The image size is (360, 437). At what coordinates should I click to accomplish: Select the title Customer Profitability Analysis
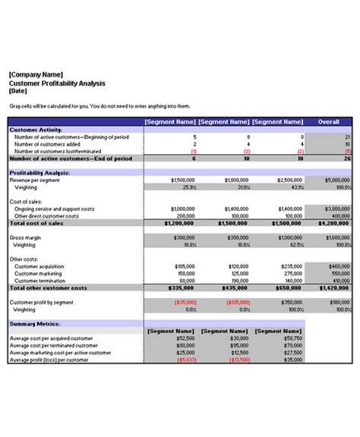pyautogui.click(x=57, y=83)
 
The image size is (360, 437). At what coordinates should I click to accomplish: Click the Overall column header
pyautogui.click(x=328, y=121)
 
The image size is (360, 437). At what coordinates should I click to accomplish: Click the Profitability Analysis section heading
pyautogui.click(x=39, y=173)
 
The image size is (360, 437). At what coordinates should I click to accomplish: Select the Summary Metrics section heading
pyautogui.click(x=32, y=323)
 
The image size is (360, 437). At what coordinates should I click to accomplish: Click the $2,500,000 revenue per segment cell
pyautogui.click(x=289, y=180)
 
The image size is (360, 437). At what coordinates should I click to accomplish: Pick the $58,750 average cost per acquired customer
pyautogui.click(x=291, y=338)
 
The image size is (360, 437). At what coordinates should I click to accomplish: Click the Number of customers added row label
pyautogui.click(x=47, y=144)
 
